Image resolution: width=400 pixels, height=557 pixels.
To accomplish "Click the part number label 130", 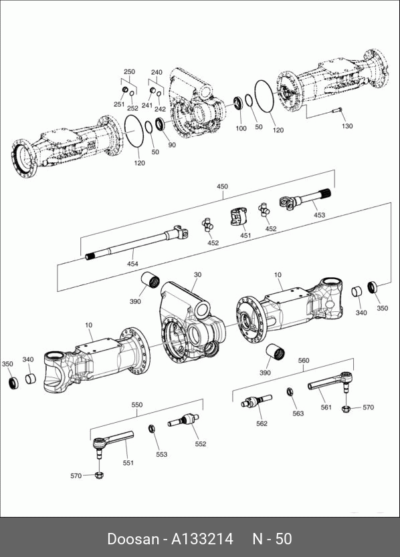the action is tap(347, 126).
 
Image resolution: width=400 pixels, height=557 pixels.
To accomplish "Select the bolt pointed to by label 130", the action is tap(337, 110).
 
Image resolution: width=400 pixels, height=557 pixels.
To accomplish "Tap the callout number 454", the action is tap(132, 264).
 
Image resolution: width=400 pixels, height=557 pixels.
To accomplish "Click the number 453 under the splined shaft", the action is tap(319, 214).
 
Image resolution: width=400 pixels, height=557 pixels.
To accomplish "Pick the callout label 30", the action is tap(197, 274).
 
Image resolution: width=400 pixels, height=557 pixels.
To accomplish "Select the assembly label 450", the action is tap(222, 186).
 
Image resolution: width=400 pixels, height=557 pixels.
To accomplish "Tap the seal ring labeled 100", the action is tap(238, 103).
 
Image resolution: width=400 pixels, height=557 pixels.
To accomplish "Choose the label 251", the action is tap(119, 104).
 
